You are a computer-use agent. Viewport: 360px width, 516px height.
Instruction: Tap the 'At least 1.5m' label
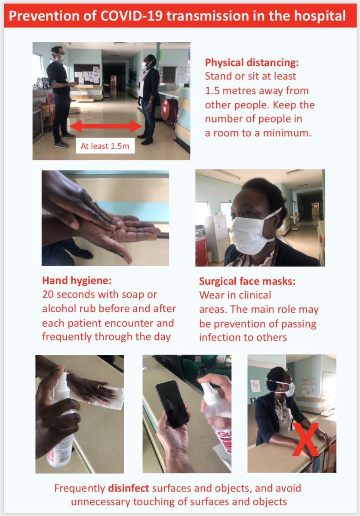[x=105, y=146]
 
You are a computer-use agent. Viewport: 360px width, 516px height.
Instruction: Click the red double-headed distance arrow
[x=106, y=126]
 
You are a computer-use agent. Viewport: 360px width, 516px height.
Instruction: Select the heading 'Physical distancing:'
[x=252, y=63]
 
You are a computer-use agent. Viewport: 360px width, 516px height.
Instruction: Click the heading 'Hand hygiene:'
[x=77, y=280]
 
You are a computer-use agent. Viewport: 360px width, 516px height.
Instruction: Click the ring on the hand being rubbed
[x=94, y=202]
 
